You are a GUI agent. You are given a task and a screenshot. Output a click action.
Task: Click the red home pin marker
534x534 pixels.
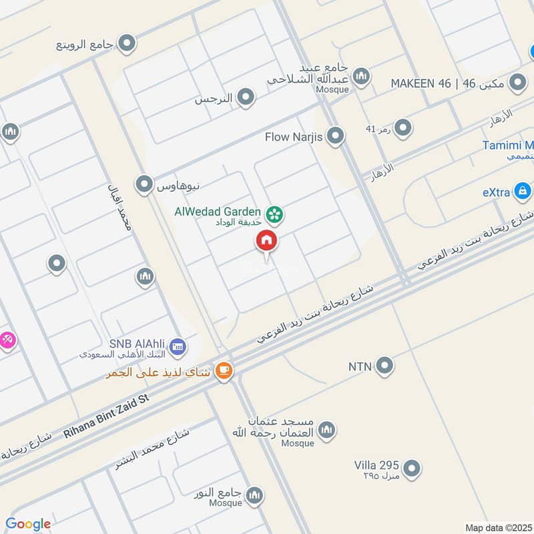point(266,241)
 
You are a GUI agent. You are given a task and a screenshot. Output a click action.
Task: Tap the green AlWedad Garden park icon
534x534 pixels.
point(273,214)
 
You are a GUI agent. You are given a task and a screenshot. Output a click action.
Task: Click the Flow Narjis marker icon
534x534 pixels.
point(336,137)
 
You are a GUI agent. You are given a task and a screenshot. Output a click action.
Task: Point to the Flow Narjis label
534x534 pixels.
point(294,137)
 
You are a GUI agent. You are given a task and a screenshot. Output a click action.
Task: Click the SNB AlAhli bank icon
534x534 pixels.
point(178,346)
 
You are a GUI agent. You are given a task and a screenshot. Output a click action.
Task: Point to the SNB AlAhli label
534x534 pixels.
point(137,342)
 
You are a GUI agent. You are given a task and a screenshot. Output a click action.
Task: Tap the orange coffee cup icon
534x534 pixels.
point(224,371)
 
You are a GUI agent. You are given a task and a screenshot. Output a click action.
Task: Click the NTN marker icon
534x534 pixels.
point(384,365)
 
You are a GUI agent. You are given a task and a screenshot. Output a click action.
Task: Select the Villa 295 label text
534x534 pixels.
point(376,465)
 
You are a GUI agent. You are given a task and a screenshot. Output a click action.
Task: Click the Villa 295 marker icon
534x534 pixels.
point(413,468)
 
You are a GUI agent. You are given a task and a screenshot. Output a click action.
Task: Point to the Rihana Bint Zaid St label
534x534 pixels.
point(107,416)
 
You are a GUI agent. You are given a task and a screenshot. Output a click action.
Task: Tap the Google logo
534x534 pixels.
point(28,524)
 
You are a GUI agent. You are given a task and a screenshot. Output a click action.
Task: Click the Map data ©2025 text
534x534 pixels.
point(497,527)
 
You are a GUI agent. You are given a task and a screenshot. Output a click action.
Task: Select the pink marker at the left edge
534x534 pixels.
point(7,340)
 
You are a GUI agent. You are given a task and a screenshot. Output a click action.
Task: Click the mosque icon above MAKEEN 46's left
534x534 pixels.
point(361,76)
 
